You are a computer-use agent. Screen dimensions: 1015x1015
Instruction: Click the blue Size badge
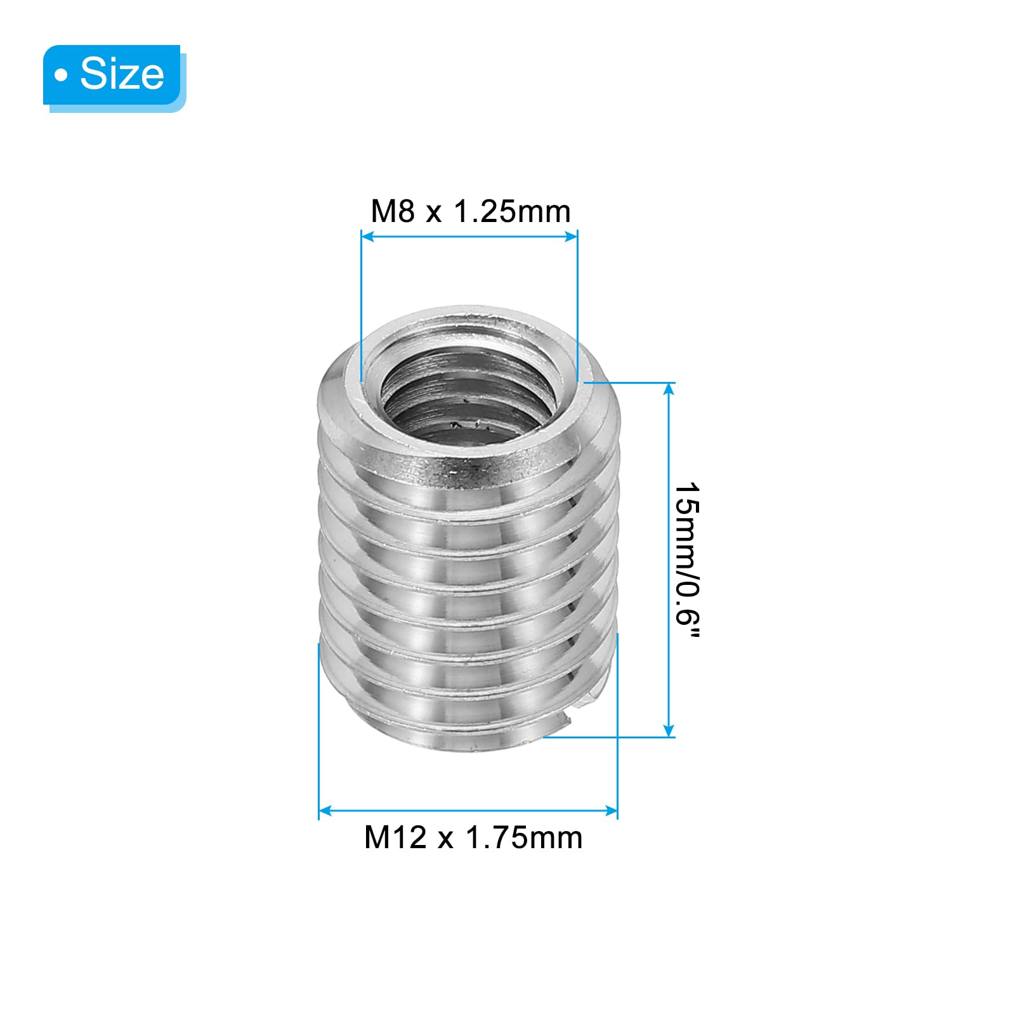[x=112, y=75]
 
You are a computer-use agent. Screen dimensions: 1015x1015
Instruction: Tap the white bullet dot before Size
[x=61, y=75]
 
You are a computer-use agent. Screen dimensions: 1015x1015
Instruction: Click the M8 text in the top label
[x=393, y=211]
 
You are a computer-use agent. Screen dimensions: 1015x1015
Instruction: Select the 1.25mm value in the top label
[x=511, y=211]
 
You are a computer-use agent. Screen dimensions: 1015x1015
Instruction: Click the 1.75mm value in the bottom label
[x=524, y=838]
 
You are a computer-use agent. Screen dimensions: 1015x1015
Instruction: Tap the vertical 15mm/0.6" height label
[x=687, y=561]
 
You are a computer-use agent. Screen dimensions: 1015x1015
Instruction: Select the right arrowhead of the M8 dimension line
[x=571, y=237]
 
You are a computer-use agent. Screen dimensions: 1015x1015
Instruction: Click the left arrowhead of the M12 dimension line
[x=325, y=811]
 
